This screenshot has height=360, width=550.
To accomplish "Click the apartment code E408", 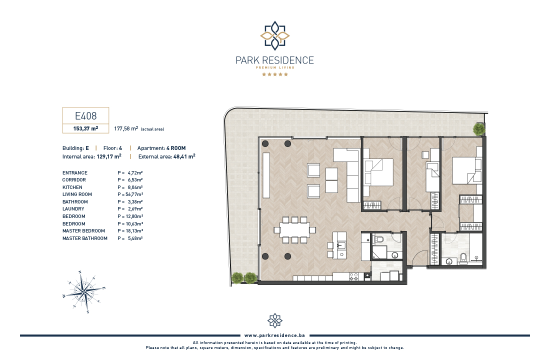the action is pos(85,116).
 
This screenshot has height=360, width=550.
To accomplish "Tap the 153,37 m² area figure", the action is pos(85,128).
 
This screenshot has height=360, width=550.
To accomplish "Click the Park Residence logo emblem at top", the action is pos(274,35).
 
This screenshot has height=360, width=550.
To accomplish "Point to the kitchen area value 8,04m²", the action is pos(135,187).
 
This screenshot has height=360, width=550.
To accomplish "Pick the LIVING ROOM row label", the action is pos(77,194).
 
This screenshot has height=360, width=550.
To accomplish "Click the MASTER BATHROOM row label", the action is pos(85,238).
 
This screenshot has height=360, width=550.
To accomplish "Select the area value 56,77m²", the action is pos(134,194).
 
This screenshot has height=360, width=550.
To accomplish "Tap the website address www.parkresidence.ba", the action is pos(274,335).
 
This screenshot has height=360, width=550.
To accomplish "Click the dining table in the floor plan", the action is pos(294,230).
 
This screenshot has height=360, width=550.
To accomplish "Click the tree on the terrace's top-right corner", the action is pos(479,129).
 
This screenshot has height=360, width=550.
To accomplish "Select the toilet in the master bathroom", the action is pos(463,258).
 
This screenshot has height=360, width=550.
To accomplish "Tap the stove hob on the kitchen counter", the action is pos(353,277).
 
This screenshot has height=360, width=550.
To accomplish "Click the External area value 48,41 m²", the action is pos(184,156).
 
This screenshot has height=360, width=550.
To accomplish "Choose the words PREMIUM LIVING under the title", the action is pos(274,67).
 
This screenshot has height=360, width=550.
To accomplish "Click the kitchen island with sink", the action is pos(339,245).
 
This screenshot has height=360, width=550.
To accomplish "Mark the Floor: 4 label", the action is pos(112,148).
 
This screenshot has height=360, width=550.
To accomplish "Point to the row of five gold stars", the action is pos(274,74).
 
